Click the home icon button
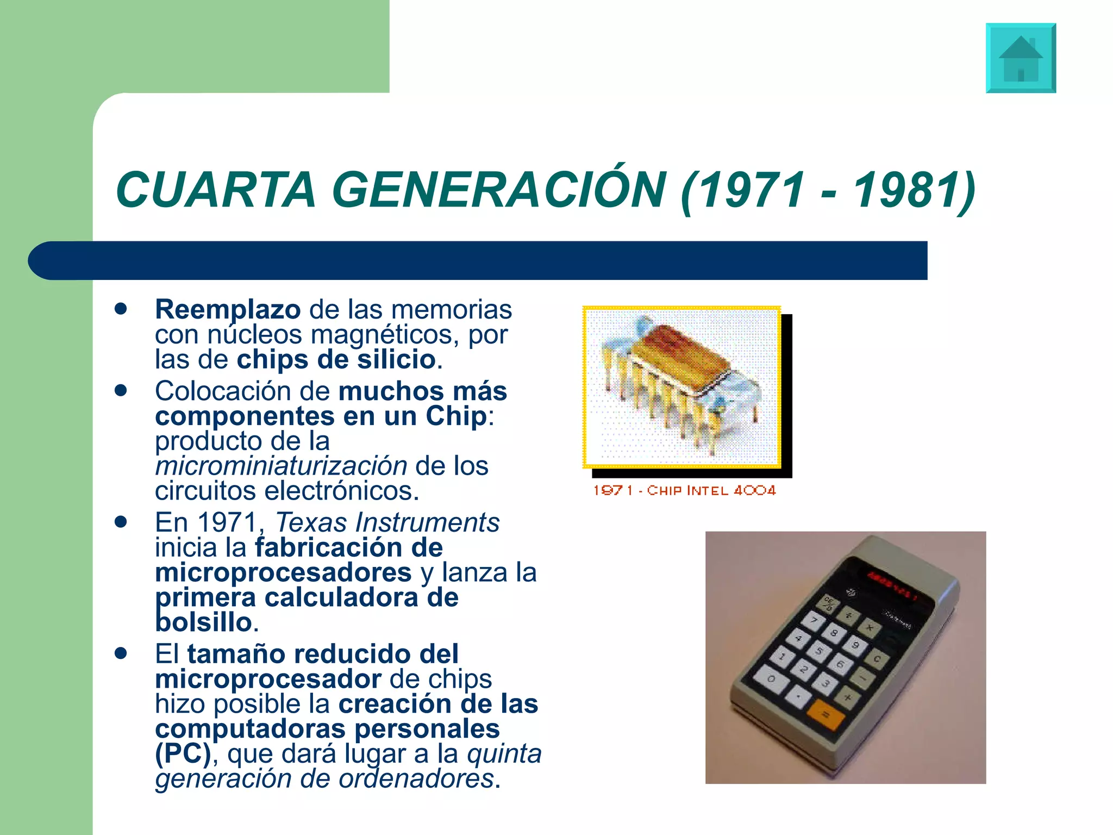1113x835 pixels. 1021,58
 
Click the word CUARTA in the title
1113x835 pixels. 215,190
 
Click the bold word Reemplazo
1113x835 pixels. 228,310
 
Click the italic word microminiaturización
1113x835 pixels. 281,466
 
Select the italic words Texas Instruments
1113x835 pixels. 387,522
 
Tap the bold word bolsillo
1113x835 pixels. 204,622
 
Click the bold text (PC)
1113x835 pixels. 183,754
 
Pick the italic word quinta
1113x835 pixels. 504,754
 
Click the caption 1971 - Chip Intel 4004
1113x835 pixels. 684,490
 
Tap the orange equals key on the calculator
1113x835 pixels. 825,714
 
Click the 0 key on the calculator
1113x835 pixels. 771,680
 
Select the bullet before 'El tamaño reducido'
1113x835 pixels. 121,653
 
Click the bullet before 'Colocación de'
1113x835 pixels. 121,390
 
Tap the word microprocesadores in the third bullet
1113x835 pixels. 283,572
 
